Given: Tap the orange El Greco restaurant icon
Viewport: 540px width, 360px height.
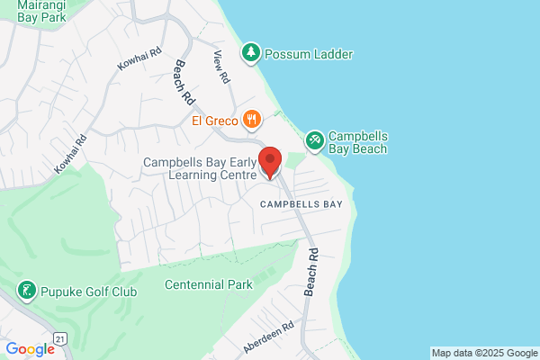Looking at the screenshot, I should pyautogui.click(x=252, y=119).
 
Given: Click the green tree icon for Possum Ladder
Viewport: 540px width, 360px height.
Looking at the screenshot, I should pyautogui.click(x=252, y=54).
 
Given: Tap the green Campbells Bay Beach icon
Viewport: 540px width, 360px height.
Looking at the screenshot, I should pyautogui.click(x=314, y=139).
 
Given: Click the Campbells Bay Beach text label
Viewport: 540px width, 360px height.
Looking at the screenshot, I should pyautogui.click(x=357, y=141).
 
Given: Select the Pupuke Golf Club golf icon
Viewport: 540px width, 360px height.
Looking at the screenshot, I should pyautogui.click(x=27, y=290).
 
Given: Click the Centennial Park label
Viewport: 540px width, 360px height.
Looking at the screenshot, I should pyautogui.click(x=209, y=284).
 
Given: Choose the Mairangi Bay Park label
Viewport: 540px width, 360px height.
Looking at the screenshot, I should pyautogui.click(x=37, y=11).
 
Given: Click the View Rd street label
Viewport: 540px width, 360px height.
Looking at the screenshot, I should pyautogui.click(x=220, y=68).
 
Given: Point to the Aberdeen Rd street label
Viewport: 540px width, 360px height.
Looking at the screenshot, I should pyautogui.click(x=268, y=337).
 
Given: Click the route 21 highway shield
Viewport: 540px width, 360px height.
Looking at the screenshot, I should pyautogui.click(x=60, y=338).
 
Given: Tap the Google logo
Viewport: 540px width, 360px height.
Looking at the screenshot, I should pyautogui.click(x=30, y=348).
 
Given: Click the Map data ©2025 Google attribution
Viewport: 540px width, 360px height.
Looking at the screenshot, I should pyautogui.click(x=482, y=352).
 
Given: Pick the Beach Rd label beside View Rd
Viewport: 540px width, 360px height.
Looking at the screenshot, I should pyautogui.click(x=184, y=80).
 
